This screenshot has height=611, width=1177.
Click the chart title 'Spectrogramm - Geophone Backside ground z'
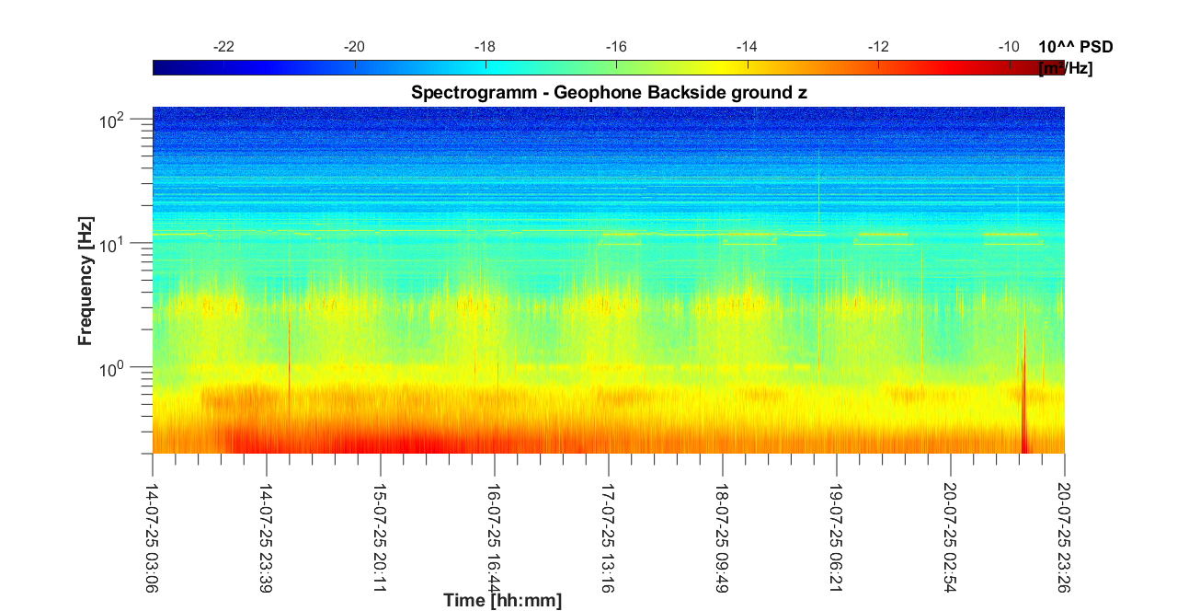click(x=609, y=92)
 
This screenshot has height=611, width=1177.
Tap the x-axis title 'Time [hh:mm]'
click(x=502, y=601)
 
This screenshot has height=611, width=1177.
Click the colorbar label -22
click(x=223, y=47)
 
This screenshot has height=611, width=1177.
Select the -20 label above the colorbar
click(x=354, y=47)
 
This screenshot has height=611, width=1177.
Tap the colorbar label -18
click(x=486, y=47)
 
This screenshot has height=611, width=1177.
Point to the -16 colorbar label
click(x=616, y=47)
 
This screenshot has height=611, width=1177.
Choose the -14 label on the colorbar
click(x=747, y=47)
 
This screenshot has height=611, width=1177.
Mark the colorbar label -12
click(x=878, y=47)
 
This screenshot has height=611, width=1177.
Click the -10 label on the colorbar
click(x=1009, y=47)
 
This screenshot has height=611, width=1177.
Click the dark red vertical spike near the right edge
click(x=1023, y=405)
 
